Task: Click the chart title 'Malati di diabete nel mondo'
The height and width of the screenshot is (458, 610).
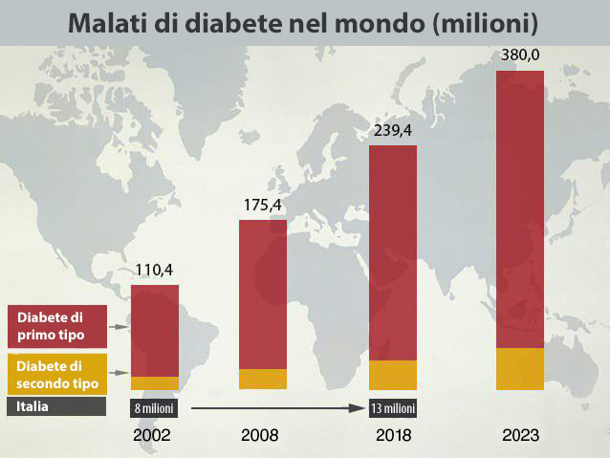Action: tap(303, 22)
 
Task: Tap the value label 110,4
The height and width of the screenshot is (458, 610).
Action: tap(153, 270)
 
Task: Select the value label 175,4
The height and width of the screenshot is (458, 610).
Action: tap(261, 205)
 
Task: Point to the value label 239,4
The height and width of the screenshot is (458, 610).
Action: tap(392, 131)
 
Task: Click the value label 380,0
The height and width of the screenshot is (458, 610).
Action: tap(521, 55)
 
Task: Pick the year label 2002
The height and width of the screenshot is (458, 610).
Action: tap(154, 435)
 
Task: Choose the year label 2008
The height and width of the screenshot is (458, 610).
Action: tap(260, 435)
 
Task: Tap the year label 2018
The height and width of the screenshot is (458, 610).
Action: tap(392, 435)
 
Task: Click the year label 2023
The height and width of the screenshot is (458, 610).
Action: tap(521, 435)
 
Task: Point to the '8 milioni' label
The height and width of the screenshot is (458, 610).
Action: tap(154, 408)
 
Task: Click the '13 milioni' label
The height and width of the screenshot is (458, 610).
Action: tap(393, 408)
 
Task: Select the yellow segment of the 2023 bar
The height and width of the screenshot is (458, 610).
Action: tap(520, 369)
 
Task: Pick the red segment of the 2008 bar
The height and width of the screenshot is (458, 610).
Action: tap(262, 294)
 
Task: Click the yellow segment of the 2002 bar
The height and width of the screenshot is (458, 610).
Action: tap(155, 383)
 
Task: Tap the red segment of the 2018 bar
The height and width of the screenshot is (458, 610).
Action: tap(393, 253)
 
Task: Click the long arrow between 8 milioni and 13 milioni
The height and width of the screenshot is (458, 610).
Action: tap(277, 408)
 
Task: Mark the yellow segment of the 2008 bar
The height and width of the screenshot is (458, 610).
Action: tap(262, 379)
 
